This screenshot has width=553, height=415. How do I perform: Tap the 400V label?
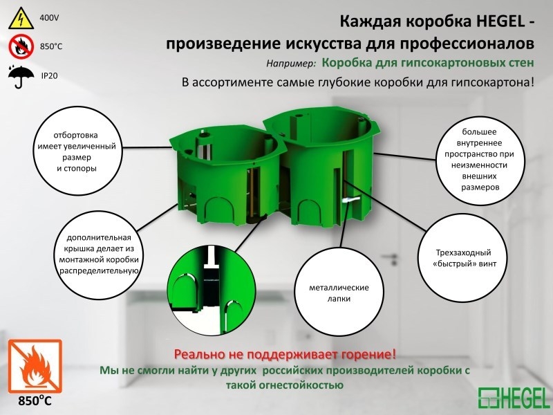pyautogui.click(x=50, y=16)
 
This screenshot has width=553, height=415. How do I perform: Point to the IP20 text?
pyautogui.click(x=49, y=75)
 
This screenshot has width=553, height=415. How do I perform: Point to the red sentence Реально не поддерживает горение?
pyautogui.click(x=285, y=355)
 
